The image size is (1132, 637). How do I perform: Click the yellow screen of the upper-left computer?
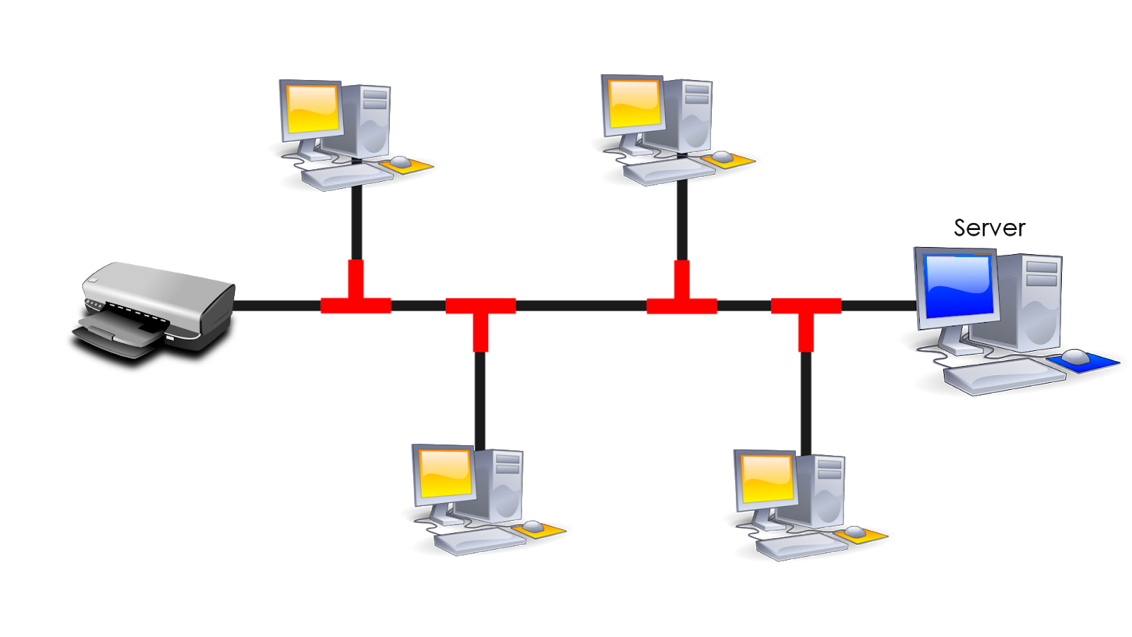click(x=311, y=110)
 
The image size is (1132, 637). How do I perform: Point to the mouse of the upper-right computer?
click(x=722, y=156)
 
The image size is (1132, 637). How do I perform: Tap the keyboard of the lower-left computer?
click(x=480, y=541)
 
